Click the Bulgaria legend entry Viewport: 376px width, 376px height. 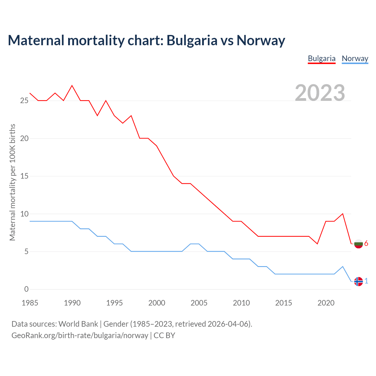click(321, 58)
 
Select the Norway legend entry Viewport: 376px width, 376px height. click(355, 58)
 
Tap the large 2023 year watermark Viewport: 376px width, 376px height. click(320, 93)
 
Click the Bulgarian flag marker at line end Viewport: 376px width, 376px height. click(358, 244)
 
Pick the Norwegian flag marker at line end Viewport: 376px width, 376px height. click(358, 281)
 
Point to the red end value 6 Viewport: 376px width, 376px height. click(366, 244)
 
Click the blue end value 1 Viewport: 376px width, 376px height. click(366, 281)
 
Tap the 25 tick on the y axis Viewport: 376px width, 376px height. click(24, 100)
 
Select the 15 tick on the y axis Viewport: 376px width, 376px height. click(24, 176)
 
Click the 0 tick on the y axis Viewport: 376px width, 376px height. click(26, 289)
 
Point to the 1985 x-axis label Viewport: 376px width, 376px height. click(30, 303)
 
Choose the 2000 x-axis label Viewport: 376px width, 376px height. click(157, 303)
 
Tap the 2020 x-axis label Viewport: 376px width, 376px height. click(326, 303)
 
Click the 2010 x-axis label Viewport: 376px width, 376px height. click(241, 303)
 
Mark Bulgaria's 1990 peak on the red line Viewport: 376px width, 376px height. click(72, 85)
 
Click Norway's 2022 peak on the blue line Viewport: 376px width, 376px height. click(343, 266)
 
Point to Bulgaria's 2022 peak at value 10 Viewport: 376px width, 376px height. click(343, 214)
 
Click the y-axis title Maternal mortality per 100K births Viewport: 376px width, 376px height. click(12, 182)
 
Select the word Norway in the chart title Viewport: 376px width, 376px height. click(261, 40)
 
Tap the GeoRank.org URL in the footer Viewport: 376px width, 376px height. click(80, 335)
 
